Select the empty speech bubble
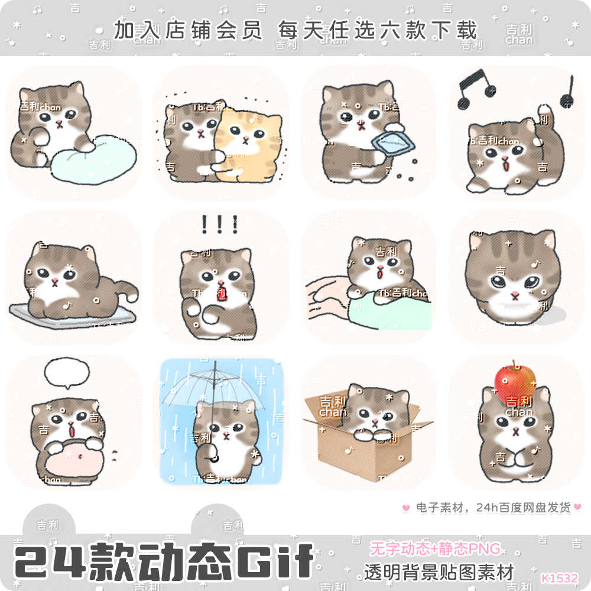click(67, 371)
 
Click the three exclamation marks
click(219, 225)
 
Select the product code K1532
click(559, 577)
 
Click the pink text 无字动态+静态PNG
click(435, 548)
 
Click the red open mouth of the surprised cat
click(222, 293)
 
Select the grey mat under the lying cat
click(71, 314)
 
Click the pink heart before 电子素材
click(405, 507)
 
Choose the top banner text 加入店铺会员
click(188, 30)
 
